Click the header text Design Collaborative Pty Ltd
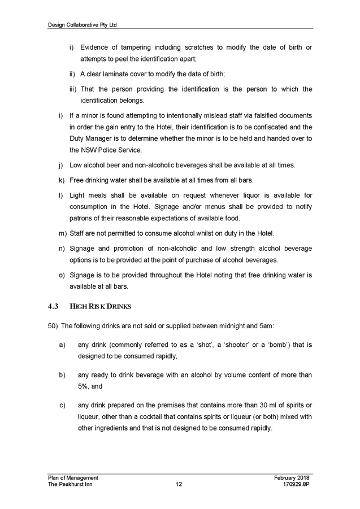[83, 25]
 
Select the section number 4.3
[54, 306]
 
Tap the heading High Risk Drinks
[100, 306]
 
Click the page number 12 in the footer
[179, 484]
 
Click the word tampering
[135, 47]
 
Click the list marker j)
[60, 166]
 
